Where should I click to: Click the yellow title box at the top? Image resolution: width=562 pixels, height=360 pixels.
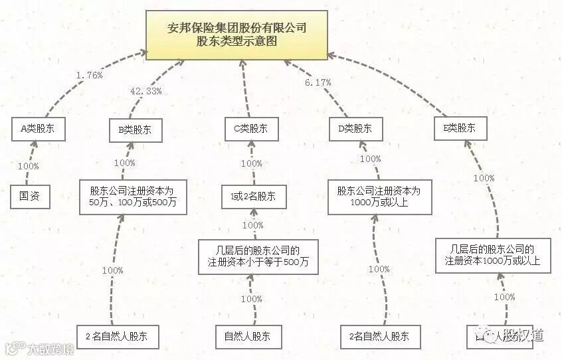(236, 35)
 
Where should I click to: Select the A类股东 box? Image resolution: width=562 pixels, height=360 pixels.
(39, 129)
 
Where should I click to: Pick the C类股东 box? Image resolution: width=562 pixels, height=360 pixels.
(250, 129)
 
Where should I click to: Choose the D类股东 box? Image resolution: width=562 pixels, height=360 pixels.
(355, 129)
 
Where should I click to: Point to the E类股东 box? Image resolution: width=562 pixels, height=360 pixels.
(459, 128)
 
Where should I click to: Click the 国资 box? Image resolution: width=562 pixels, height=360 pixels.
(30, 196)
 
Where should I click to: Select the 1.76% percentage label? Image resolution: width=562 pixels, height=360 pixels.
(89, 75)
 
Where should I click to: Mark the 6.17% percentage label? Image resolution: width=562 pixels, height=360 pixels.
(318, 82)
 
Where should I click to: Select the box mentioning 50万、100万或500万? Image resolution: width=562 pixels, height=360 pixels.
(133, 196)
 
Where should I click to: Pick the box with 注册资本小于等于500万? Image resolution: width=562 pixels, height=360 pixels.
(258, 256)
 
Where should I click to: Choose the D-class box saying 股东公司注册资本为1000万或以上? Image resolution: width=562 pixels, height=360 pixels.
(378, 197)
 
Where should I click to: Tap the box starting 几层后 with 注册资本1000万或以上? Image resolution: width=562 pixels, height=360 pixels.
(492, 255)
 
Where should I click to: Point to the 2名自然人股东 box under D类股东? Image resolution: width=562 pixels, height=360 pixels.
(379, 336)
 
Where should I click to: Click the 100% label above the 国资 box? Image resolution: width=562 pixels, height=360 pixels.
(29, 166)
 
